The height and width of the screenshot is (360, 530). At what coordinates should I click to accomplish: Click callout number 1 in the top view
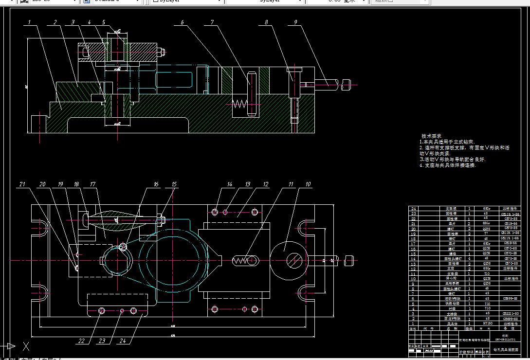click(30, 22)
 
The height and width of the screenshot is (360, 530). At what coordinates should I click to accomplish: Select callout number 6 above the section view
click(182, 22)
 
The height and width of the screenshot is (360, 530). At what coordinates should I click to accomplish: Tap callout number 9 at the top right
click(296, 22)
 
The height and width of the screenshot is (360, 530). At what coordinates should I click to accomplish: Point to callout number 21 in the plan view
click(22, 184)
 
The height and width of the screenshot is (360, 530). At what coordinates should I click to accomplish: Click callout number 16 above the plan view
click(156, 184)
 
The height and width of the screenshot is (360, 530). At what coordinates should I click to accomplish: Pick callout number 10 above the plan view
click(308, 184)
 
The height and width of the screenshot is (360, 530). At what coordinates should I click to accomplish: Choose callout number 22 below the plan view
click(82, 341)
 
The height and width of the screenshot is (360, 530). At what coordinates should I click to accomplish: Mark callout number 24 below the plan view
click(123, 341)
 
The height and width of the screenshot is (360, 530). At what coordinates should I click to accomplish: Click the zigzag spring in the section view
click(238, 104)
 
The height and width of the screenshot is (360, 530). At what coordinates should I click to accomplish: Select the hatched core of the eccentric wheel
click(293, 260)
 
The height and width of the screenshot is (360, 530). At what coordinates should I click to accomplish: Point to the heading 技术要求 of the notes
click(431, 136)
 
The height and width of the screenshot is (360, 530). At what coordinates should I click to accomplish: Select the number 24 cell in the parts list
click(414, 208)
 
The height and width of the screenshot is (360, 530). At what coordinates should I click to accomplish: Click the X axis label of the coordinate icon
click(26, 347)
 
